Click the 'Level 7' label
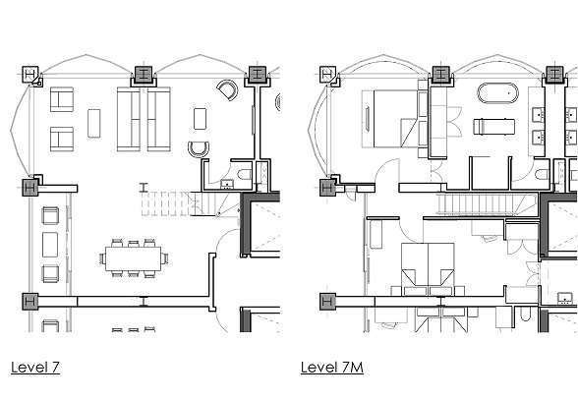click(35, 368)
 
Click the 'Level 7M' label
click(332, 368)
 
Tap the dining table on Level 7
click(133, 258)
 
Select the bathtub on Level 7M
click(497, 93)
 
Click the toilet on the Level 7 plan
click(245, 174)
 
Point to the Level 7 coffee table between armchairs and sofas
click(94, 123)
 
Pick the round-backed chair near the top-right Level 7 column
click(227, 89)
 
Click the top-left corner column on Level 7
click(30, 75)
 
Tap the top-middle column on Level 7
click(144, 75)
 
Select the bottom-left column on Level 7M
click(327, 302)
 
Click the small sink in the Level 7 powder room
click(227, 184)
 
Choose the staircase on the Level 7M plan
click(487, 204)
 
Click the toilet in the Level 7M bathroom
click(542, 175)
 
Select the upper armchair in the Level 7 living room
click(62, 99)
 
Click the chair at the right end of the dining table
click(164, 258)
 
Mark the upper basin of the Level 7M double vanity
click(540, 115)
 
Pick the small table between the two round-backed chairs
click(200, 119)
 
